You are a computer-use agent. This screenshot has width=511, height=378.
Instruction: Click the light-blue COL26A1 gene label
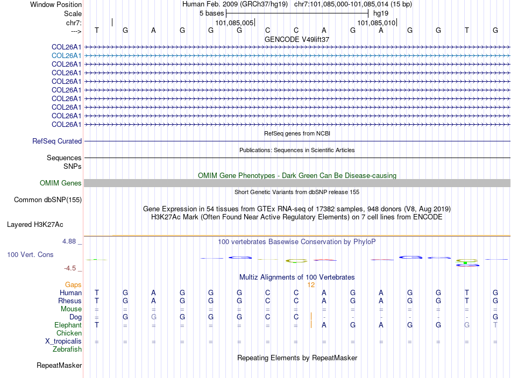[x=66, y=55]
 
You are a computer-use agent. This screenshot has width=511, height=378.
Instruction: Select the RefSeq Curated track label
[x=57, y=141]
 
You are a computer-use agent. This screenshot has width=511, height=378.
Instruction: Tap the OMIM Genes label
[x=61, y=183]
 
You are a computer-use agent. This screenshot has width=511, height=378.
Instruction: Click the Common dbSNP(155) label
[x=47, y=199]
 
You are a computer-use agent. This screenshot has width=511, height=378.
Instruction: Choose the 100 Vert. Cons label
[x=30, y=254]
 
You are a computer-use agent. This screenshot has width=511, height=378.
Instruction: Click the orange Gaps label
[x=73, y=284]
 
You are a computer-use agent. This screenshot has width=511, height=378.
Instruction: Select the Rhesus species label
[x=70, y=301]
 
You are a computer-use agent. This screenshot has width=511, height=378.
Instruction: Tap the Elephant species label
[x=68, y=325]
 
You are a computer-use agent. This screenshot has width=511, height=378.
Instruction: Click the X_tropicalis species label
[x=63, y=341]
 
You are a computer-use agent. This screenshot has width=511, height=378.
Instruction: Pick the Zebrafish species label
[x=67, y=349]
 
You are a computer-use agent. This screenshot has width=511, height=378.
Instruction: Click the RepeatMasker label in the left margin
[x=59, y=366]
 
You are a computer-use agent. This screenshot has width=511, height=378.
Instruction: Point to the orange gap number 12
[x=311, y=284]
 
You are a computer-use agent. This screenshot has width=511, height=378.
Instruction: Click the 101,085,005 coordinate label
[x=234, y=23]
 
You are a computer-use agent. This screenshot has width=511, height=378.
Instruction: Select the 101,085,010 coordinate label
[x=377, y=23]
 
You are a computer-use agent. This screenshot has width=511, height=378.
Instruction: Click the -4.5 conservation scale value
[x=70, y=268]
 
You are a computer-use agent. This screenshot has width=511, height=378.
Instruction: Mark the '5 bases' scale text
[x=210, y=12]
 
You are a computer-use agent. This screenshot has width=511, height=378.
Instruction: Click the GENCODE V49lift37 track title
[x=297, y=39]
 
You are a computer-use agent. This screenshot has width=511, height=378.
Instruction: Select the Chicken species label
[x=69, y=333]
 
